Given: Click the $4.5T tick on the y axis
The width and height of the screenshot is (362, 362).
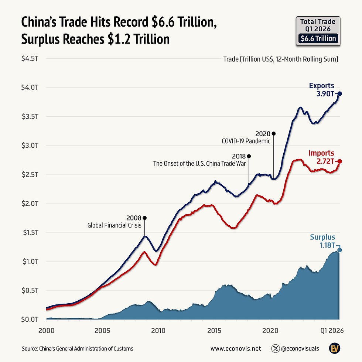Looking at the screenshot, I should [30, 58].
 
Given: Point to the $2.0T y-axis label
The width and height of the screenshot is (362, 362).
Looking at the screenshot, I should [30, 204].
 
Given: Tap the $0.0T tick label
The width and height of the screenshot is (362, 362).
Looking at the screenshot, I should [30, 319].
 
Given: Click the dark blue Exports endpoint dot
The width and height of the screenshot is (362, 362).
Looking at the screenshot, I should [339, 94].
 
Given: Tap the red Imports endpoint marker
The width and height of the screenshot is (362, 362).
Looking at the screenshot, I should [339, 161].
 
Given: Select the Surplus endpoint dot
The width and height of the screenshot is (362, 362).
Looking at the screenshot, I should [339, 250].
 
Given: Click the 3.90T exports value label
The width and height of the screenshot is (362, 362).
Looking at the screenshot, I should [324, 94].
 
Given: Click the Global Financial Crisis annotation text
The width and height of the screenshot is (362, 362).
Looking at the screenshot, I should [114, 225].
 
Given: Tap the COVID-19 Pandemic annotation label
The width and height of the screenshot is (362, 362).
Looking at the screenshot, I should [246, 141].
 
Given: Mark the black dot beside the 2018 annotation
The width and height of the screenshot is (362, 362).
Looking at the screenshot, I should [249, 156].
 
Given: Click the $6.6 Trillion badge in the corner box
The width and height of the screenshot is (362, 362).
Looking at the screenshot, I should [318, 38].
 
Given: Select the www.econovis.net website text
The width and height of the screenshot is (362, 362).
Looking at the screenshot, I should [236, 348].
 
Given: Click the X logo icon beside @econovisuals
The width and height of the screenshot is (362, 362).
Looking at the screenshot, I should [276, 348].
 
